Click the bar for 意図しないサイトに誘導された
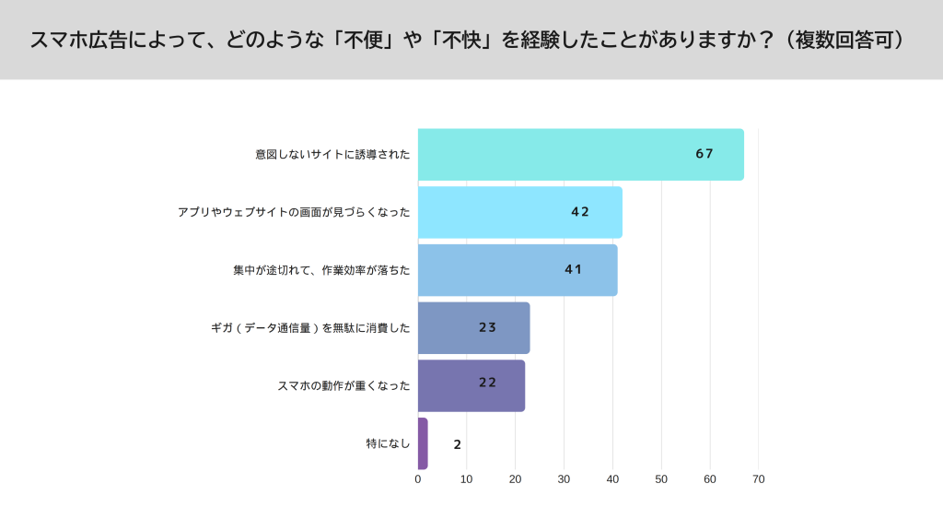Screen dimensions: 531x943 580,154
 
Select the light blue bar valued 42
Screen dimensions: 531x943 519,212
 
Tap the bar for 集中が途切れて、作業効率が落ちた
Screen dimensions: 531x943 517,270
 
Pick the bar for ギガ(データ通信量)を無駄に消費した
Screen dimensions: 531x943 473,327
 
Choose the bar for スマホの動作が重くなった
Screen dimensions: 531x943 471,385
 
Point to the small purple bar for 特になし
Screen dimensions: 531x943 423,443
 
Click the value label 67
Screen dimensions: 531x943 704,154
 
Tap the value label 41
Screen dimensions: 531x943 574,269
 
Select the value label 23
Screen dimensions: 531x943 488,327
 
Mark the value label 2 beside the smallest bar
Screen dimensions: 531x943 457,444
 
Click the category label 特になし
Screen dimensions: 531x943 388,443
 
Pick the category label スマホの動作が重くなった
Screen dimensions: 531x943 343,385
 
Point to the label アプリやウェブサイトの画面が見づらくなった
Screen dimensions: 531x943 294,212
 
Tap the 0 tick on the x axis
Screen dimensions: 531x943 418,479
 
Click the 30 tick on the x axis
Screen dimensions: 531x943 564,479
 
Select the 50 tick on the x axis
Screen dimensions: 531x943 661,479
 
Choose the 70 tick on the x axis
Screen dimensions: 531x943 758,479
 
